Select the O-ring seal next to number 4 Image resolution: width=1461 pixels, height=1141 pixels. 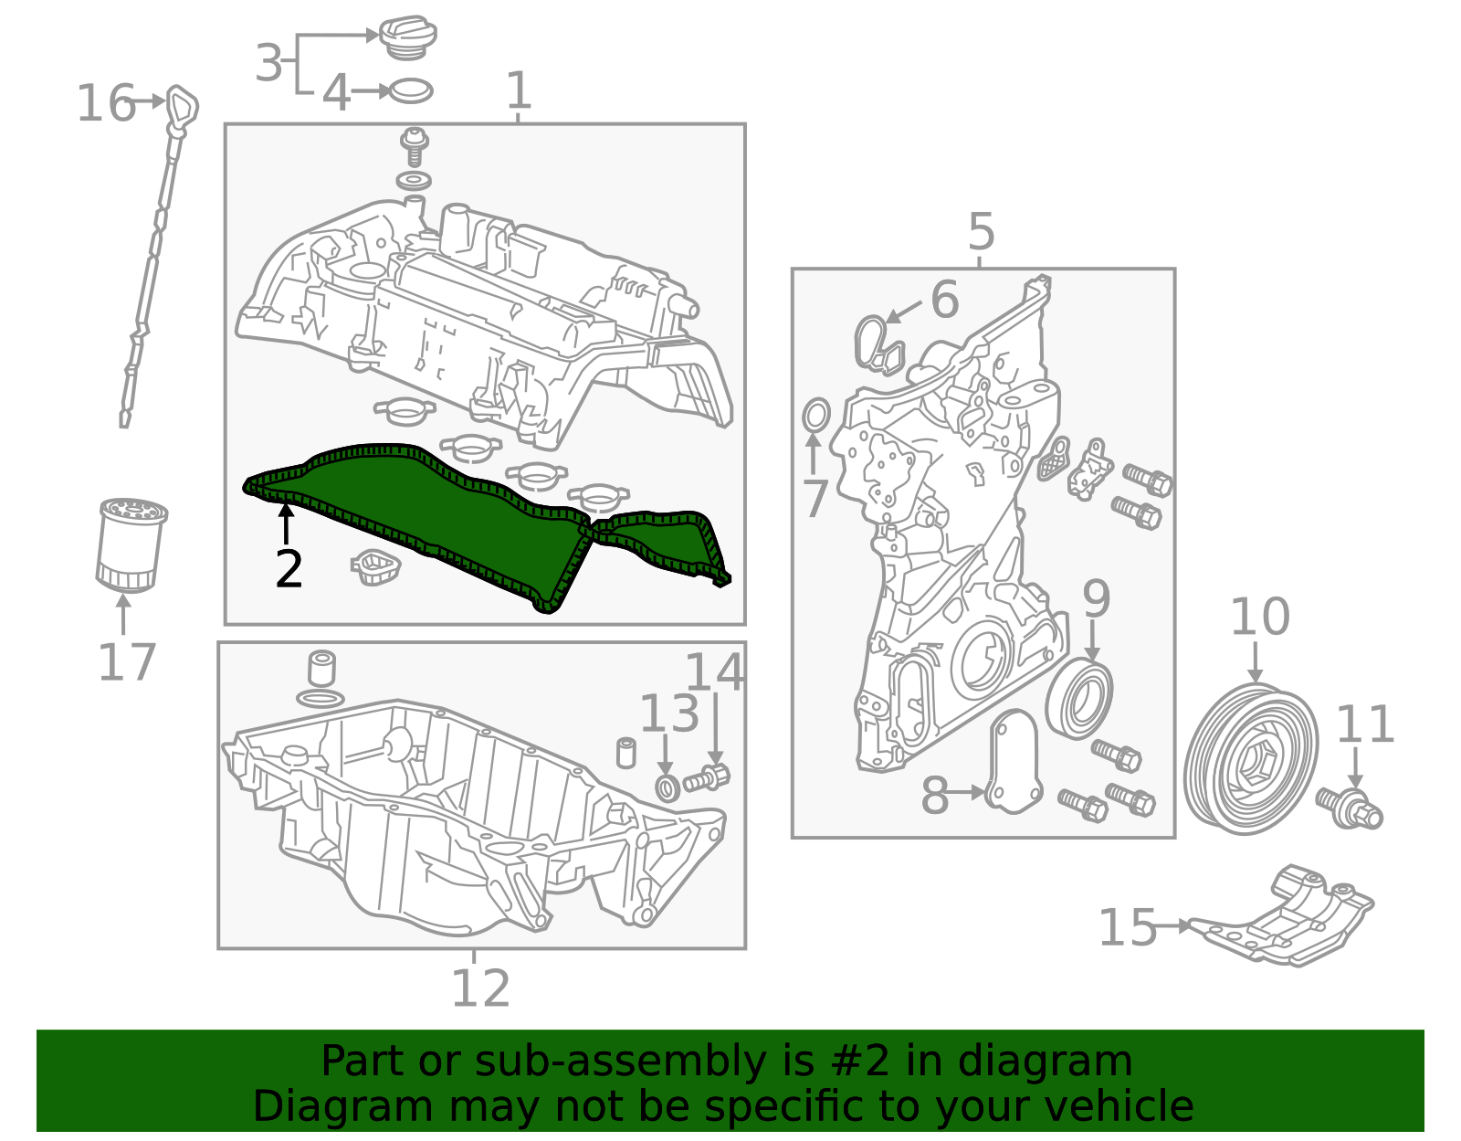pos(411,91)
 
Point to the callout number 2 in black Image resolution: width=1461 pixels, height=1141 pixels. pos(289,569)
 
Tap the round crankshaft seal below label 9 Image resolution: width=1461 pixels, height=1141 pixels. pos(1079,699)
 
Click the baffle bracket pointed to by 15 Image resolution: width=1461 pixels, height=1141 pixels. pos(1288,923)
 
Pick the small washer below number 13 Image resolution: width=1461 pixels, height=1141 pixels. pos(667,787)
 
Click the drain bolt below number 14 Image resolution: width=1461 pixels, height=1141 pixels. pos(709,778)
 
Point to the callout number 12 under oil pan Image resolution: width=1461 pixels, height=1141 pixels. pos(480,988)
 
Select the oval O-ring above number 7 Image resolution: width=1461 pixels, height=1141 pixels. pos(815,416)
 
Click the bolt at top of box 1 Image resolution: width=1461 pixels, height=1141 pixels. pos(415,146)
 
